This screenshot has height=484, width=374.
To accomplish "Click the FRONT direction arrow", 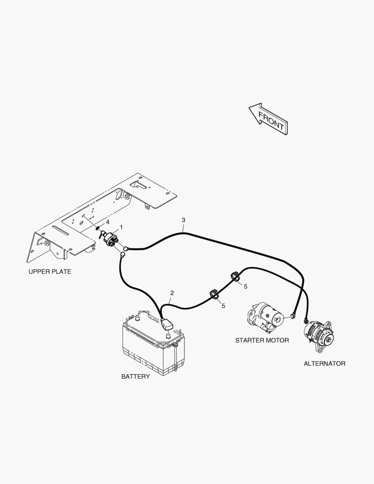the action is (269, 119).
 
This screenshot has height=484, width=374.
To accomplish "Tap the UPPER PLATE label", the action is (50, 272).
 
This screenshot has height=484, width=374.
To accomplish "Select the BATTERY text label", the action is (135, 376).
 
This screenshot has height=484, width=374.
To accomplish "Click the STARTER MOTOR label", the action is (262, 340).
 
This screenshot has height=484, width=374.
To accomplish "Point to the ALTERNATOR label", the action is (324, 363).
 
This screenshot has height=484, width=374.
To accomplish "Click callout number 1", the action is (121, 227).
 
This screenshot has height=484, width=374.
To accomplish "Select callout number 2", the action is (172, 293).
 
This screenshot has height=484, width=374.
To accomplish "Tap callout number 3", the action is (184, 220).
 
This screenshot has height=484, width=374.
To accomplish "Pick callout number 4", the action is (107, 222).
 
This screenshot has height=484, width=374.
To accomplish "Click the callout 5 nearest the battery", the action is (223, 306).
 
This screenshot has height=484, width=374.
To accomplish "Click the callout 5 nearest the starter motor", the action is (245, 286).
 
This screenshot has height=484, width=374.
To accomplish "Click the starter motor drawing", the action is (266, 317).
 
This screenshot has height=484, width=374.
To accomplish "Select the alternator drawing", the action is (318, 337).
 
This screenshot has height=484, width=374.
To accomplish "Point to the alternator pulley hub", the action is (328, 340).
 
